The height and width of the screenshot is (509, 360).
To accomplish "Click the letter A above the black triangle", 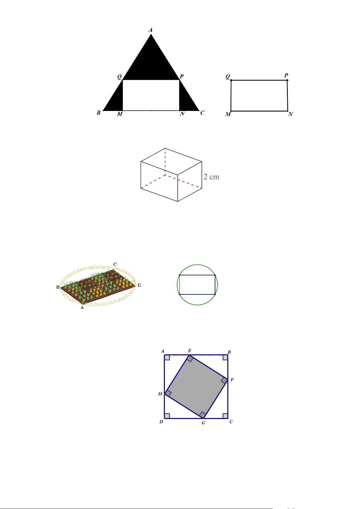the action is [150, 30].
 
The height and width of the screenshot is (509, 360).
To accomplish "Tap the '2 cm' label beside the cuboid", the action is [211, 177].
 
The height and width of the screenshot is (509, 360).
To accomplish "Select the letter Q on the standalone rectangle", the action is [228, 76].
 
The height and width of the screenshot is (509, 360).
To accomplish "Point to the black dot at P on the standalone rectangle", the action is [287, 80].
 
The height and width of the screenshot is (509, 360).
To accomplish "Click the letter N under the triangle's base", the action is [182, 114].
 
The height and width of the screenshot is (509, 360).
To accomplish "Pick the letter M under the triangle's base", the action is [120, 114].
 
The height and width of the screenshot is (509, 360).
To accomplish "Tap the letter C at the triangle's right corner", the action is [202, 113].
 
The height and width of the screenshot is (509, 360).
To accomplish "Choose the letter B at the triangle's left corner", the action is [98, 113].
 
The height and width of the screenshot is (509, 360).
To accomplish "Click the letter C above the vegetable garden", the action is [115, 264].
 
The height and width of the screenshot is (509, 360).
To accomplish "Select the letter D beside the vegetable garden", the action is [139, 285].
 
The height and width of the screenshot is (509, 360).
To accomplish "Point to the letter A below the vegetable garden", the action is [82, 307].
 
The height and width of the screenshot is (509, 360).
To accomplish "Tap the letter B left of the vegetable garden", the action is [58, 287].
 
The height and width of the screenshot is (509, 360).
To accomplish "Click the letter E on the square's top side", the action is [190, 350].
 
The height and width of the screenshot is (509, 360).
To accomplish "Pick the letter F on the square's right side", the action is [232, 379].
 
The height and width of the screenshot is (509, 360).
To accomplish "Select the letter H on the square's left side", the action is [160, 394].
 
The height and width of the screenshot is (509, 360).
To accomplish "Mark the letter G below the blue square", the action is [203, 423].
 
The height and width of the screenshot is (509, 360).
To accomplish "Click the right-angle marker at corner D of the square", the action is [167, 416].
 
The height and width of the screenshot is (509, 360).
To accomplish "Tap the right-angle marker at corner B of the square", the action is [225, 358].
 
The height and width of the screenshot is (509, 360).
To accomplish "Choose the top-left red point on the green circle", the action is [179, 275].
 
